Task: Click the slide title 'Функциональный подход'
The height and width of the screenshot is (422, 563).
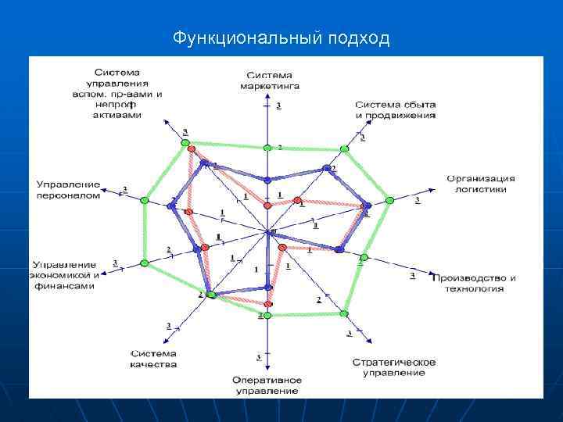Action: pyautogui.click(x=281, y=38)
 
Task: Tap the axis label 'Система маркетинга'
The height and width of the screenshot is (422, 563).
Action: pyautogui.click(x=270, y=80)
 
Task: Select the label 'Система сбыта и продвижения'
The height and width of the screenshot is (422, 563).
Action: pyautogui.click(x=395, y=109)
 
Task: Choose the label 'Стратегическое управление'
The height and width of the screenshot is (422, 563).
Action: pyautogui.click(x=393, y=367)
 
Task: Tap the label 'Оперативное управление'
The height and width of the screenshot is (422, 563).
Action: pyautogui.click(x=266, y=385)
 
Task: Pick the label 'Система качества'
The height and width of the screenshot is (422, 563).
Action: pyautogui.click(x=153, y=358)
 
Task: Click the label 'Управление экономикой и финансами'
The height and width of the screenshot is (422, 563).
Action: pyautogui.click(x=64, y=275)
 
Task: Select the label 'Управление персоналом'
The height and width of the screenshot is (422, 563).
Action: pyautogui.click(x=68, y=189)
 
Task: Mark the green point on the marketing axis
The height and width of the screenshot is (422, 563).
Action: pyautogui.click(x=267, y=148)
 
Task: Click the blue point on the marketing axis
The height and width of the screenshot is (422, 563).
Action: pyautogui.click(x=267, y=180)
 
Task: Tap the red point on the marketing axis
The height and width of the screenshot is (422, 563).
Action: pyautogui.click(x=267, y=205)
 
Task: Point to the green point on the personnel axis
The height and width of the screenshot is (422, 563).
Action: pyautogui.click(x=145, y=201)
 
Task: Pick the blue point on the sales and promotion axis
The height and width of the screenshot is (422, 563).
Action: pyautogui.click(x=327, y=168)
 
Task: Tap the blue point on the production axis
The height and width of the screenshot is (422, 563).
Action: pyautogui.click(x=338, y=250)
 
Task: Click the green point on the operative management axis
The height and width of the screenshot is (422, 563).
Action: pyautogui.click(x=267, y=316)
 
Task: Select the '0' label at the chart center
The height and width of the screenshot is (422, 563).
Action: pyautogui.click(x=272, y=232)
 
